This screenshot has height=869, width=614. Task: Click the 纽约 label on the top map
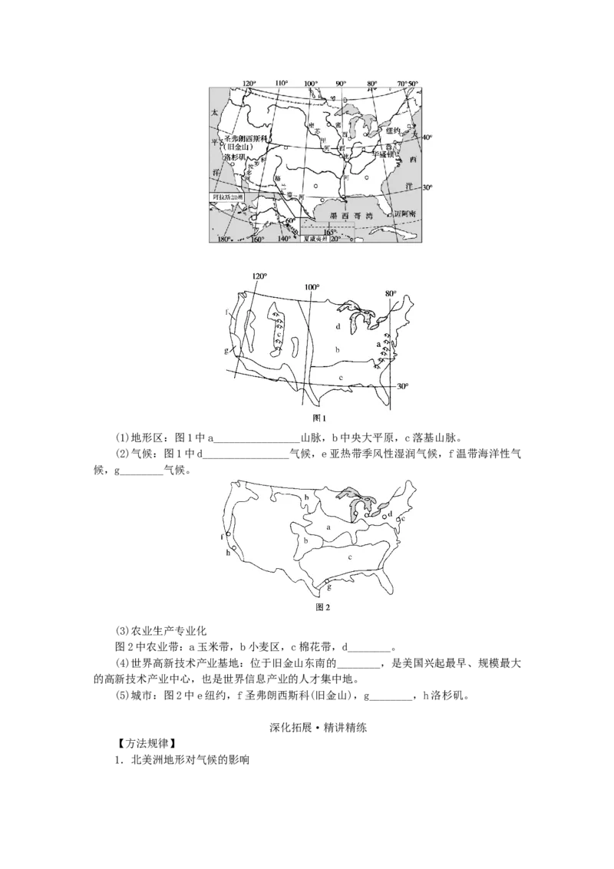click(393, 131)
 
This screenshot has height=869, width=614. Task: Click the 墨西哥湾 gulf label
click(346, 216)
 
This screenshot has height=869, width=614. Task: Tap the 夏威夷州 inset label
click(315, 240)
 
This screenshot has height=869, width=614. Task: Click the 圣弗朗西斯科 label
click(244, 139)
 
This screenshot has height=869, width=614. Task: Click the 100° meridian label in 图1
click(312, 288)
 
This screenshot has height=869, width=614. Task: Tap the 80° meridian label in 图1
click(391, 293)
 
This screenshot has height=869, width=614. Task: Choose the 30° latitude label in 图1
click(402, 386)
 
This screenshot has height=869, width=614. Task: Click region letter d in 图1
click(338, 326)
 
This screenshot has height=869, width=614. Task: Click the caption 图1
click(320, 418)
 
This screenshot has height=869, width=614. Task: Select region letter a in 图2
click(328, 527)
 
